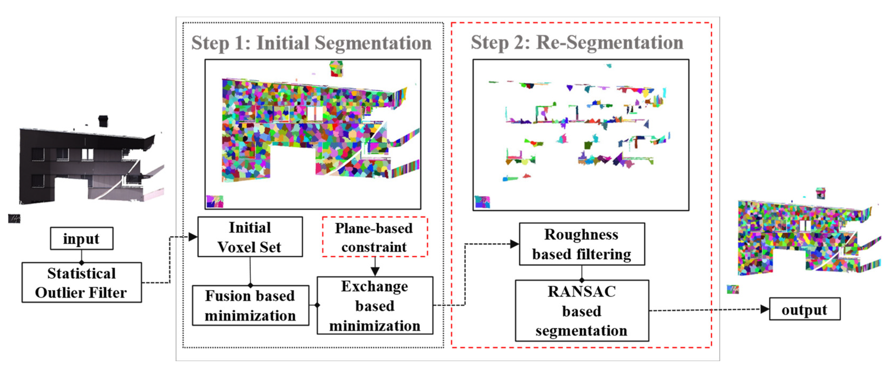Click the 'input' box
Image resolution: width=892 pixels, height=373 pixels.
coord(82,239)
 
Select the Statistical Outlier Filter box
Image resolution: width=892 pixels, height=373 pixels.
coord(82,283)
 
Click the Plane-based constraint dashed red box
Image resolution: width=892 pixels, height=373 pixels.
coord(375,237)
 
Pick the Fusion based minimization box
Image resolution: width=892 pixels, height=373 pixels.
coord(250,305)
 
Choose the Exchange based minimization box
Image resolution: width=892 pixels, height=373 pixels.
coord(375,305)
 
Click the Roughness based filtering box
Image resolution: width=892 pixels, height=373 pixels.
coord(582,244)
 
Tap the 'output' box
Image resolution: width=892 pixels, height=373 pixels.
coord(805,309)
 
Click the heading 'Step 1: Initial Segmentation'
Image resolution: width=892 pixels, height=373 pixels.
coord(311,43)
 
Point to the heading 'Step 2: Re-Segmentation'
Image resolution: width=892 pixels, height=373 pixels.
coord(577,42)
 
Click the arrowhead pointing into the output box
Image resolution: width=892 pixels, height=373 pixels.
coord(765,309)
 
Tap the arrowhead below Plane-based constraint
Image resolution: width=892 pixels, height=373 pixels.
coord(375,271)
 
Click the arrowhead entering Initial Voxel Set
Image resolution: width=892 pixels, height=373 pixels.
coord(193,237)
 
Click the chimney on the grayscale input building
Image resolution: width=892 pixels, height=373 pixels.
coord(103,121)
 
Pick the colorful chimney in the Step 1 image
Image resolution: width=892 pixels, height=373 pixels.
coord(336,69)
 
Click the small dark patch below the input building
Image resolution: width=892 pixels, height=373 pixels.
coord(14,218)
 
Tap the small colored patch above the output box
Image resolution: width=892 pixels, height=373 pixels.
coord(733,289)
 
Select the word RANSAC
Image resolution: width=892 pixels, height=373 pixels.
coord(581,291)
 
